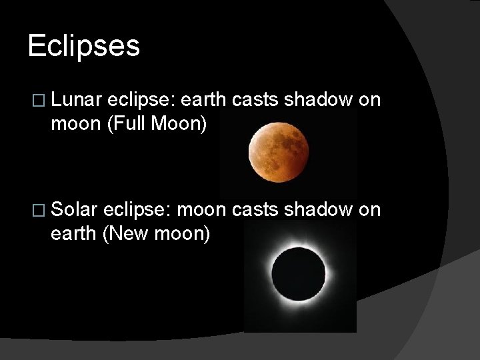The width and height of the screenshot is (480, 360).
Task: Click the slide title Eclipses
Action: [84, 46]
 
